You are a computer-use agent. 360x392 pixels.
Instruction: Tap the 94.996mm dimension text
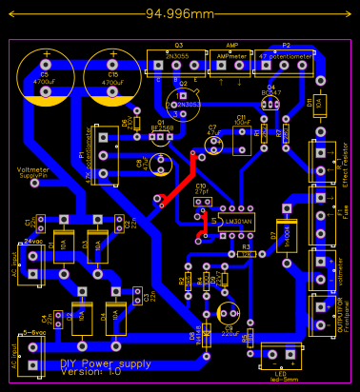(180, 13)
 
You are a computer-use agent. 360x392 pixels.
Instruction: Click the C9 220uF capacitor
(229, 313)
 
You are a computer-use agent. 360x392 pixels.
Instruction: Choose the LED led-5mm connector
(281, 356)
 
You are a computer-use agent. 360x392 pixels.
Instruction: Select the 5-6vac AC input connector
(35, 354)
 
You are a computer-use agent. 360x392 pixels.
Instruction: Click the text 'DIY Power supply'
(105, 363)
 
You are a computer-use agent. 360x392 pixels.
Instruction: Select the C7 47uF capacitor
(213, 140)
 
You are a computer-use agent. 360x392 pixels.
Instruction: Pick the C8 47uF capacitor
(149, 164)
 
